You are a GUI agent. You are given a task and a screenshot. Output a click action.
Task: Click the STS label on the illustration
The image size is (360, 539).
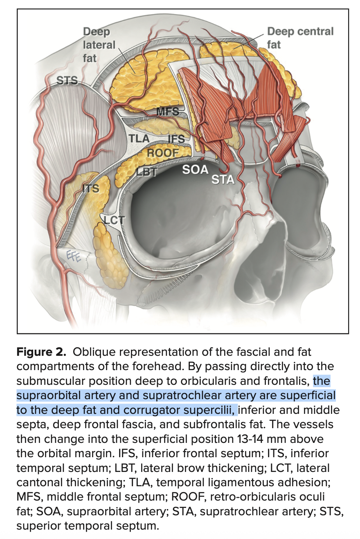(67, 81)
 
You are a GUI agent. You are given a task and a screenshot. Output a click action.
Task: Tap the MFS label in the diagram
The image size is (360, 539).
(168, 111)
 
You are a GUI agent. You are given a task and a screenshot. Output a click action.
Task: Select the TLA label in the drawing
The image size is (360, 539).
(139, 138)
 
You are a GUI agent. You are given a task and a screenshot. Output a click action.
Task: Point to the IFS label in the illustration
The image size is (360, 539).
(177, 139)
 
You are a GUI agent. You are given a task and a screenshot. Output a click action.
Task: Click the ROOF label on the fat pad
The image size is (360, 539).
(163, 153)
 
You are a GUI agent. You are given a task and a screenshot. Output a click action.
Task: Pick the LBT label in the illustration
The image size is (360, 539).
(146, 172)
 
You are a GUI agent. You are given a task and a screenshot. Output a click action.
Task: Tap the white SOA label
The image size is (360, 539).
(195, 169)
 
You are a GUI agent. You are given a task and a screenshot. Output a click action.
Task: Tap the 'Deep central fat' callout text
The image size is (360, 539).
(300, 37)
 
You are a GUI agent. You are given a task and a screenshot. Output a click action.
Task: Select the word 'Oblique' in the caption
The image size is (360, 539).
(94, 351)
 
